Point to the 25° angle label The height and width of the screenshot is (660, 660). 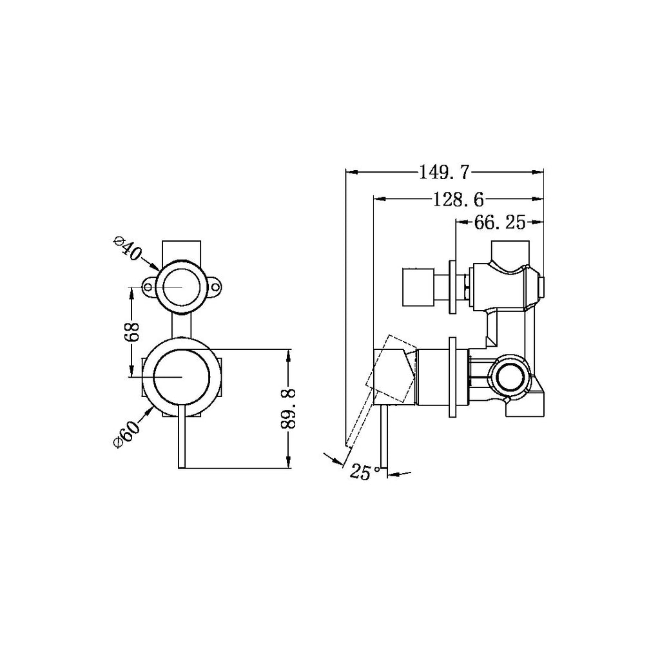click(365, 472)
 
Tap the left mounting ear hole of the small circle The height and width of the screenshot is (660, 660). click(150, 286)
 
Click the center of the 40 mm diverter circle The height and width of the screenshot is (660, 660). click(182, 286)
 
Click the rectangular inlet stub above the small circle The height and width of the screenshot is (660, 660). click(182, 249)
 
